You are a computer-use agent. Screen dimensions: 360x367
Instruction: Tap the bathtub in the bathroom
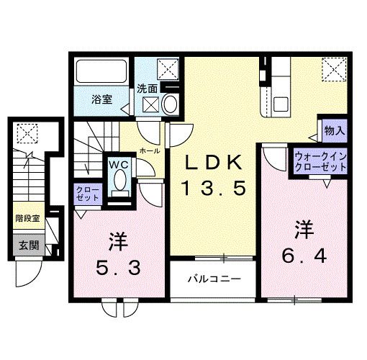click(101, 73)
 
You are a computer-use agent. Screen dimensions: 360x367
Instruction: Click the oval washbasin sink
click(170, 105)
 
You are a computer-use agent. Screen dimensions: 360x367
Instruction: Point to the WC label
click(119, 164)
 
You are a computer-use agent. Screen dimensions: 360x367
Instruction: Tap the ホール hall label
click(150, 151)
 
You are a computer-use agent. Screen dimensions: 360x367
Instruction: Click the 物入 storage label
click(334, 131)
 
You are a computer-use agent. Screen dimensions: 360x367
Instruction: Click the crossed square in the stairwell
click(27, 133)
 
